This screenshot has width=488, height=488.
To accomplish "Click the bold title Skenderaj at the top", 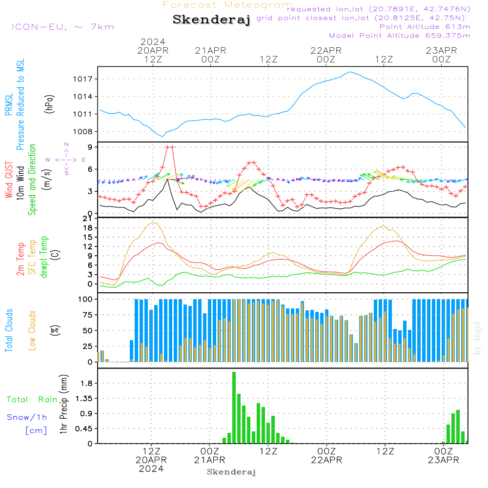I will click(211, 20).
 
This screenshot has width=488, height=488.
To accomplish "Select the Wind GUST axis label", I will click(9, 180).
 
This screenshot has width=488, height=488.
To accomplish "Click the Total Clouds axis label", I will click(9, 330).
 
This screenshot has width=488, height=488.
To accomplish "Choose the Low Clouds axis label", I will click(32, 330).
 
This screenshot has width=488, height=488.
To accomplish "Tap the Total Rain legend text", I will click(32, 400).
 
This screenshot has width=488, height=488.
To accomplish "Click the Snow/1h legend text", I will click(27, 418).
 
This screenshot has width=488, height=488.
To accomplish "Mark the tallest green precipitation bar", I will click(234, 407).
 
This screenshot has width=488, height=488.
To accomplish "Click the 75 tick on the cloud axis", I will click(87, 315).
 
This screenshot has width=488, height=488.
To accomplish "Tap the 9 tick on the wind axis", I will click(91, 147).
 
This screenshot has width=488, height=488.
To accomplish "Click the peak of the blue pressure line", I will click(350, 72).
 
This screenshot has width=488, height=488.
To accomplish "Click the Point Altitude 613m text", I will click(425, 27).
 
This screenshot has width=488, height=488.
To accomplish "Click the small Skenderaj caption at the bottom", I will click(231, 472).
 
